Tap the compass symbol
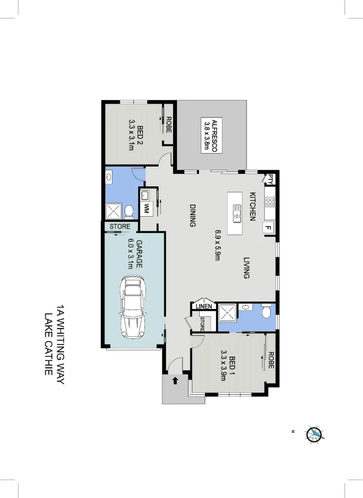(x=315, y=434)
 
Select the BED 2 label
(x=140, y=136)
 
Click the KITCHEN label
(x=253, y=207)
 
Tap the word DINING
(x=193, y=216)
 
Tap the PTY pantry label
(x=270, y=179)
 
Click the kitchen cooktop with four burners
(x=270, y=202)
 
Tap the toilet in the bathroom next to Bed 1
(x=266, y=313)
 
